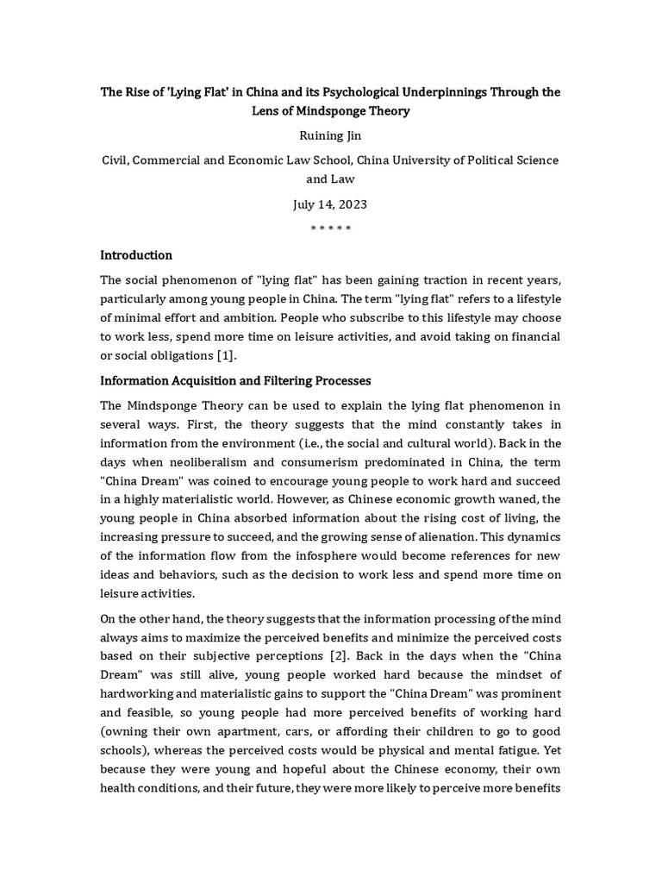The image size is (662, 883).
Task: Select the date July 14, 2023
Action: (330, 205)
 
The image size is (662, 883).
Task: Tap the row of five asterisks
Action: (330, 229)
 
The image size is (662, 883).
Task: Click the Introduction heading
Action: (136, 255)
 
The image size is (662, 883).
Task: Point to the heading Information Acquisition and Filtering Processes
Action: (235, 380)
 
